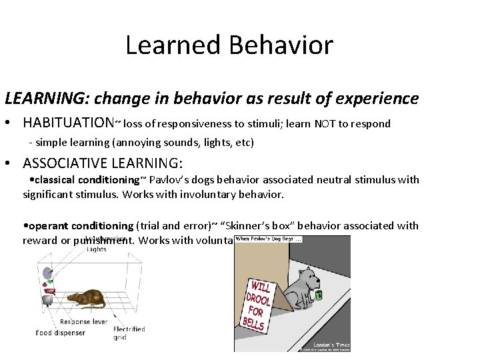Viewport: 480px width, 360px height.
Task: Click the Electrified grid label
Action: pos(129,333)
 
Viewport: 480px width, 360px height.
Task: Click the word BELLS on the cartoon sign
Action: pos(253,323)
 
